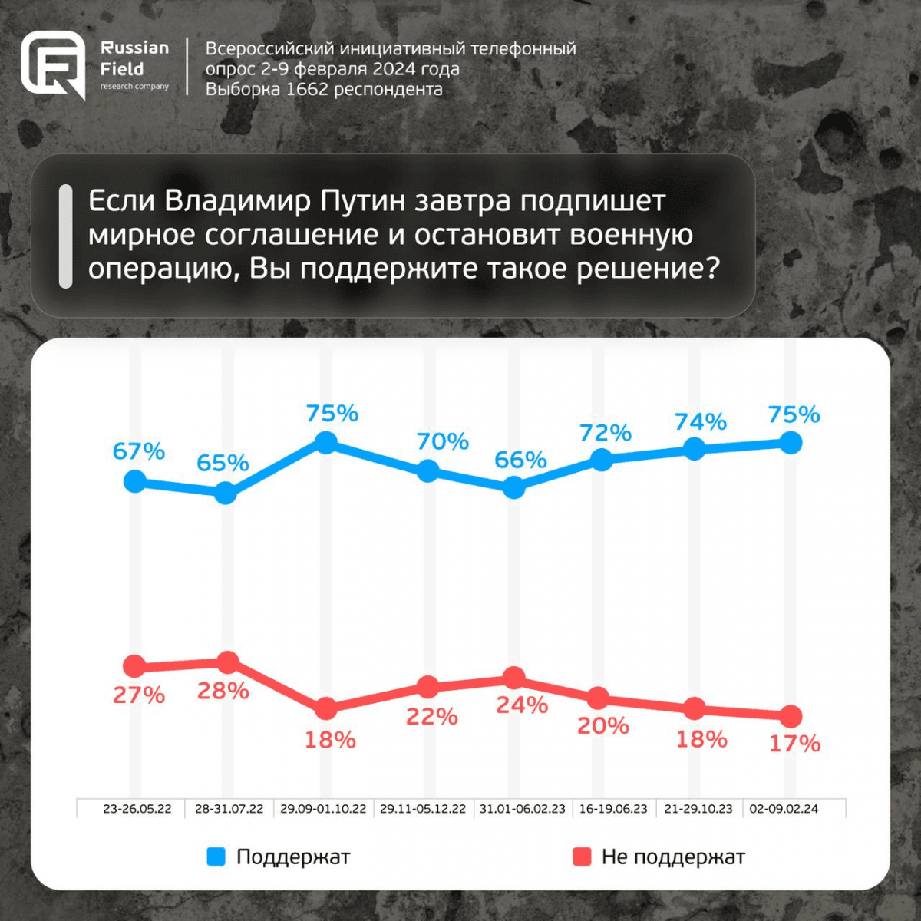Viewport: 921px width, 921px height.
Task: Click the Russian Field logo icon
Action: [52, 66]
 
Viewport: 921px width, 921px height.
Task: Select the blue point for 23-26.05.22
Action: [135, 482]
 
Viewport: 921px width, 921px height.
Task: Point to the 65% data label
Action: [223, 463]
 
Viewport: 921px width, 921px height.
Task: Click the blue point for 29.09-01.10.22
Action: [326, 442]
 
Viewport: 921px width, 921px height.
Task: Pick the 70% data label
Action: [443, 441]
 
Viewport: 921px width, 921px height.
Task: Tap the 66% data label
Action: [520, 460]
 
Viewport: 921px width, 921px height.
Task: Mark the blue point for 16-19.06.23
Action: [602, 460]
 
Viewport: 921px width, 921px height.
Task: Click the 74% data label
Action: [700, 421]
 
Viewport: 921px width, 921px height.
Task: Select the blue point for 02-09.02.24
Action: [791, 443]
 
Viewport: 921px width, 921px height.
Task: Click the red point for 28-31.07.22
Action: [228, 662]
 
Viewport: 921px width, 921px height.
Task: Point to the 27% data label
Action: [139, 695]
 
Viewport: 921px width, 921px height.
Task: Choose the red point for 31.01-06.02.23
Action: [514, 678]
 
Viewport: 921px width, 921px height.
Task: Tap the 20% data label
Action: [603, 725]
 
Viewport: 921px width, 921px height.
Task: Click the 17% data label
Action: [795, 743]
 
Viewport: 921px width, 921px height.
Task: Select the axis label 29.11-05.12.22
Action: [423, 809]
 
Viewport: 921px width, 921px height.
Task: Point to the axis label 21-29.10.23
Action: [698, 809]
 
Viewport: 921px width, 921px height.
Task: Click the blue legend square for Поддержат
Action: [216, 857]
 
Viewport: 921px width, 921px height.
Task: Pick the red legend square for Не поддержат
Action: [582, 857]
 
